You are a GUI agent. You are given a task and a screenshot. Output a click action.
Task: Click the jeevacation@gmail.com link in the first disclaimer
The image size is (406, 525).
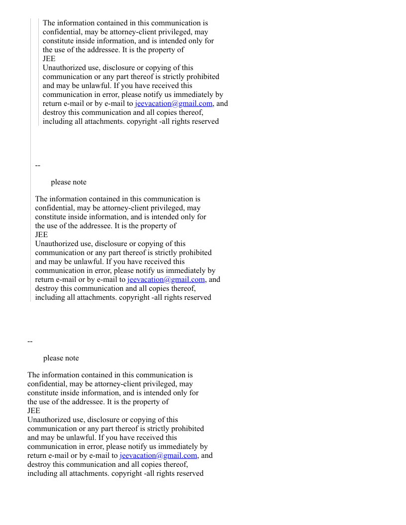[174, 103]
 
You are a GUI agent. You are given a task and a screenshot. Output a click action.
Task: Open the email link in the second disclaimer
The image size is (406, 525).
[166, 279]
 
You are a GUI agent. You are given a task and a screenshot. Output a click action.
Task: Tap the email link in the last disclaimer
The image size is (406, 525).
[158, 455]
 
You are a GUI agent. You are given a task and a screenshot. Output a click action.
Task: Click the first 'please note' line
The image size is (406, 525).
[68, 182]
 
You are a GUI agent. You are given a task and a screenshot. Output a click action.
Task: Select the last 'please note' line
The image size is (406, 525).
[61, 358]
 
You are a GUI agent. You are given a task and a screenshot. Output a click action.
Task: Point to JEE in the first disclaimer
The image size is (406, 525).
[49, 59]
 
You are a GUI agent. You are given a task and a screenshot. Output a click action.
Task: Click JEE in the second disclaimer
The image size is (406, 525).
[41, 235]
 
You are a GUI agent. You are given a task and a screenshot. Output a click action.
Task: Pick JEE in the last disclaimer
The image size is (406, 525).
[34, 411]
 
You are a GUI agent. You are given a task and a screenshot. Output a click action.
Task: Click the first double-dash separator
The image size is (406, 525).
[38, 166]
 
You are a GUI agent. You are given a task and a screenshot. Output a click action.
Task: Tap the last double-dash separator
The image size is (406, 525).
[30, 342]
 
